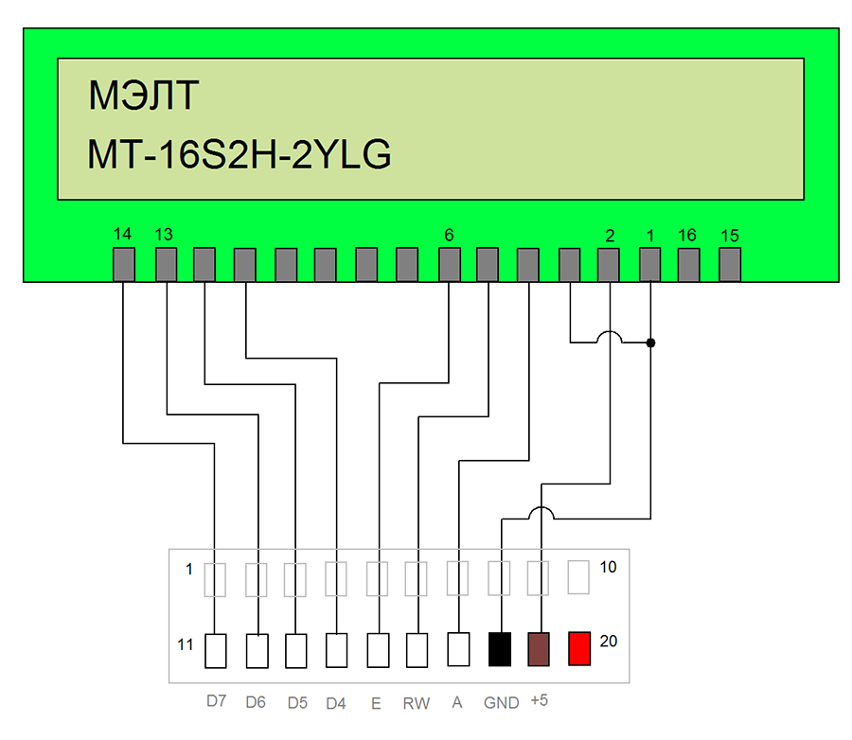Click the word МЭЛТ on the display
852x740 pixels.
click(143, 97)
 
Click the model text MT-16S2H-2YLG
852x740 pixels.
click(239, 155)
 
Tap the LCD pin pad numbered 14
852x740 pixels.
click(124, 265)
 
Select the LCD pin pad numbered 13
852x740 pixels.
click(166, 265)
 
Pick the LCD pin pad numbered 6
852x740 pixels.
click(450, 265)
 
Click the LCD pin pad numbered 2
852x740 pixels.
click(609, 265)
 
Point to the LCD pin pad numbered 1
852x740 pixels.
click(650, 265)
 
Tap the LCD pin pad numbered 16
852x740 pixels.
click(688, 265)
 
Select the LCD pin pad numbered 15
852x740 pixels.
click(729, 265)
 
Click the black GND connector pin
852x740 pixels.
click(499, 649)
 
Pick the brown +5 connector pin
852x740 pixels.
click(539, 649)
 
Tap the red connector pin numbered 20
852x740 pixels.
click(579, 648)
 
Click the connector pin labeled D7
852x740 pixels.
click(216, 650)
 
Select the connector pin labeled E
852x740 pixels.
click(378, 650)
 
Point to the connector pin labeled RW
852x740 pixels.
click(417, 650)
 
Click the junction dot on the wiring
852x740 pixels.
click(650, 342)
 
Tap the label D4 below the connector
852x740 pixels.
click(336, 703)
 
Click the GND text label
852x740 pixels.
click(501, 703)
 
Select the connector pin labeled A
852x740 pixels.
click(458, 649)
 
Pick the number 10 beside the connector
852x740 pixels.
click(609, 568)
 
